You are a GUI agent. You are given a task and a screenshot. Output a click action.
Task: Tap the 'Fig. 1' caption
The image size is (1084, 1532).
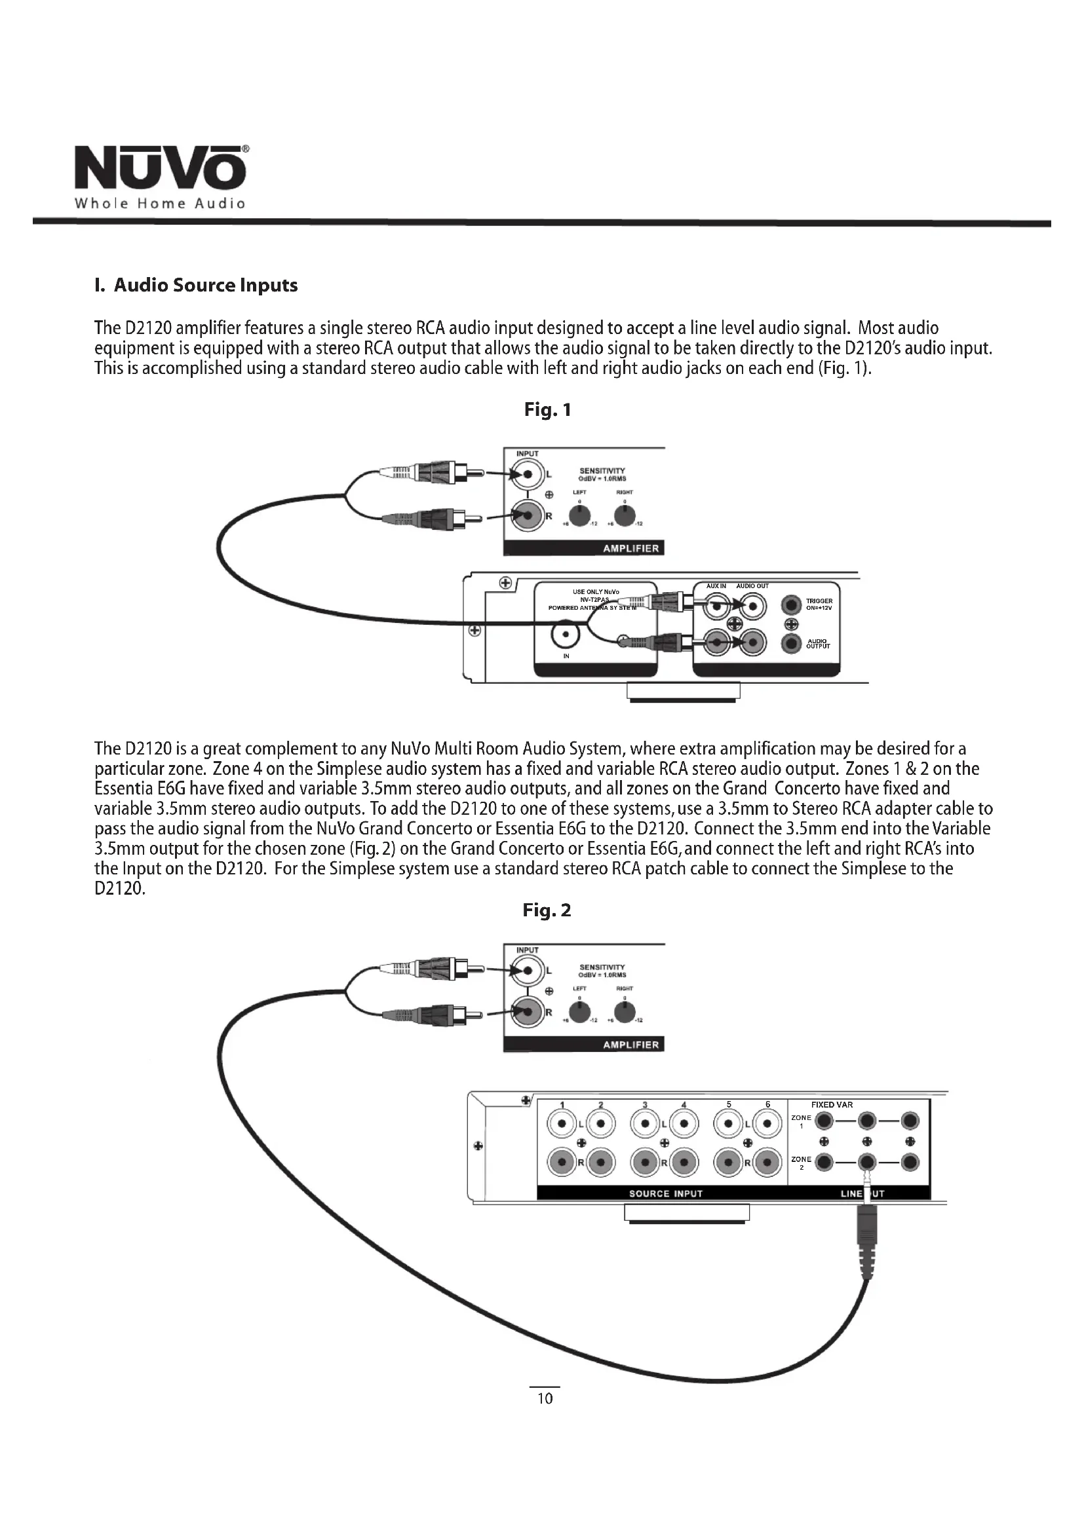[547, 409]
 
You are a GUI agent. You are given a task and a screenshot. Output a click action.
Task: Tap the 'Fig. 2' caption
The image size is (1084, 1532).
[547, 912]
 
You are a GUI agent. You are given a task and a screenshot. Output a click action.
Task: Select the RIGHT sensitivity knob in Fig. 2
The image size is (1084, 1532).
[625, 1012]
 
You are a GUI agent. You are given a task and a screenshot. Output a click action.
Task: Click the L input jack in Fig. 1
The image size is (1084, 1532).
[528, 474]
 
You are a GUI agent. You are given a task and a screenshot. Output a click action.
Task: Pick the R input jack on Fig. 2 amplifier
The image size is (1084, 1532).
[528, 1012]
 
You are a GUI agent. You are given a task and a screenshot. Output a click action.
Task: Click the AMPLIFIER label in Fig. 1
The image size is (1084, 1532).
[630, 548]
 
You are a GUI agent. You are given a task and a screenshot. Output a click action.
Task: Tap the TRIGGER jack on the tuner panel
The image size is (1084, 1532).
[792, 605]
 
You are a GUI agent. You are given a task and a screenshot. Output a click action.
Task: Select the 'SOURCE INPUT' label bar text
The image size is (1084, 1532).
[665, 1194]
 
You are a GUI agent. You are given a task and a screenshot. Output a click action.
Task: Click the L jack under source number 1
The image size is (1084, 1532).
[562, 1125]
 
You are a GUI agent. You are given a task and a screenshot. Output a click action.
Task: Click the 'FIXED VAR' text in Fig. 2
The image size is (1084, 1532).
[831, 1105]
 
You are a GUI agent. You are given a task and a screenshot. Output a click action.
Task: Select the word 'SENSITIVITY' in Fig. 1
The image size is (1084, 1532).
[602, 470]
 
